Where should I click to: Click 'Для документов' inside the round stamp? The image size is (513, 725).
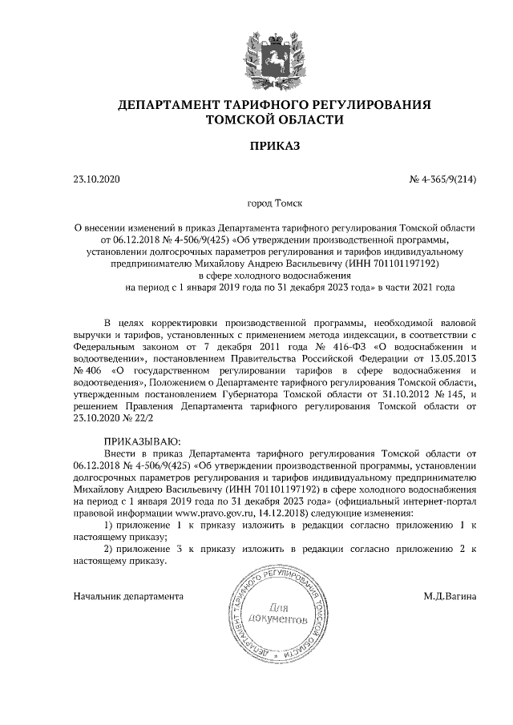[278, 613]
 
